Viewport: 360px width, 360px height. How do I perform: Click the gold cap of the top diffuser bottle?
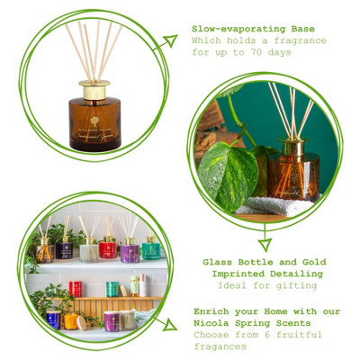click(x=94, y=89)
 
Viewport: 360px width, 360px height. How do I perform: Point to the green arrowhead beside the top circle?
click(x=167, y=41)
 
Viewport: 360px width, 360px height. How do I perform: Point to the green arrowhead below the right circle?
click(x=265, y=243)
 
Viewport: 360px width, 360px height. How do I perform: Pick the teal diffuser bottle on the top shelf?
click(x=150, y=247)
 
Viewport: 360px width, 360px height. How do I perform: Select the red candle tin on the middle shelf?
click(x=76, y=288)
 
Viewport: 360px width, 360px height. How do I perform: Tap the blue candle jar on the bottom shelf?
click(x=54, y=319)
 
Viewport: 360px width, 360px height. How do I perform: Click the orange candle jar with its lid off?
click(x=71, y=321)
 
